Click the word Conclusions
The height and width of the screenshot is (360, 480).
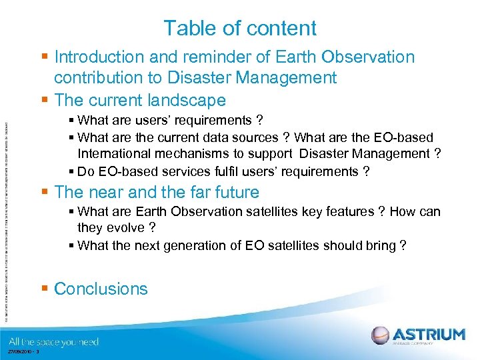coord(101,289)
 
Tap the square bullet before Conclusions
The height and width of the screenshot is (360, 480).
coord(45,289)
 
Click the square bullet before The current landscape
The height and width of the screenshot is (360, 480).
coord(45,101)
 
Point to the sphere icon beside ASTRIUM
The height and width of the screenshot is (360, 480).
coord(381,335)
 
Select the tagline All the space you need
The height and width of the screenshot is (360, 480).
coord(53,342)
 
